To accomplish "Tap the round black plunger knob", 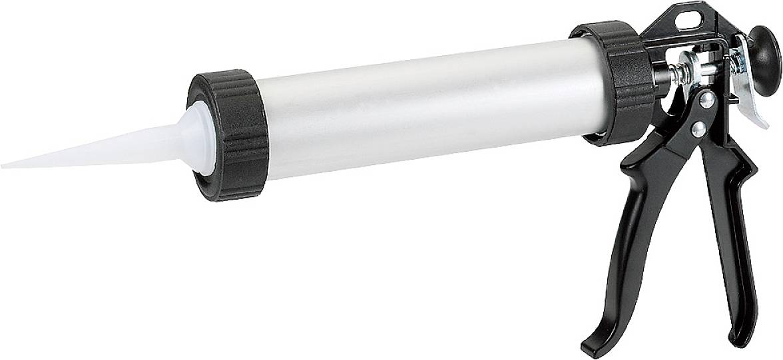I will pos(765,50).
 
